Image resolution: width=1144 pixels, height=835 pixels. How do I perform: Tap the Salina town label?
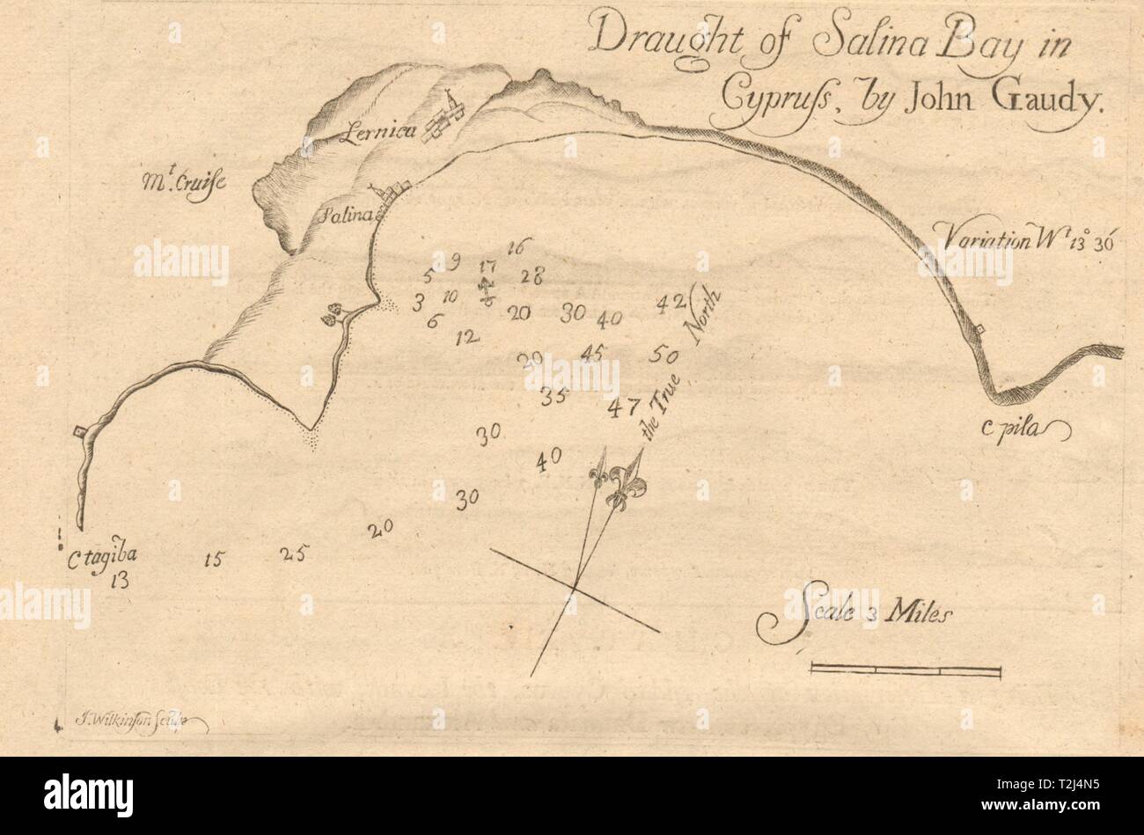tap(353, 214)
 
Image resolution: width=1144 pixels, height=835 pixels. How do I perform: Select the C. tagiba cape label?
tap(102, 554)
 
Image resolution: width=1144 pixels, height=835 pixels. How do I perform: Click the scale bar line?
tap(905, 672)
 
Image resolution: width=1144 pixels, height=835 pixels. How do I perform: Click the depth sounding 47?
tap(624, 407)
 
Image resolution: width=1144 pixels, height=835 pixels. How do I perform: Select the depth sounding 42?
tap(671, 302)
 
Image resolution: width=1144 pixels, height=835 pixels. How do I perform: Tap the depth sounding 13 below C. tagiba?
tap(121, 579)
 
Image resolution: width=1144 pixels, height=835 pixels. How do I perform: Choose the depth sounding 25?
tap(291, 553)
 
